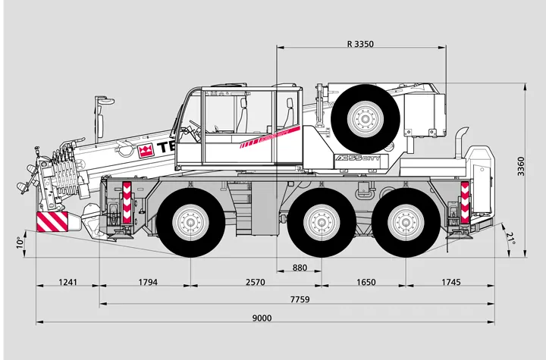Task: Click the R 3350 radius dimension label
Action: point(359,44)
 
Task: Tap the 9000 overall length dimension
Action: point(262,318)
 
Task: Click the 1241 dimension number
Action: point(68,283)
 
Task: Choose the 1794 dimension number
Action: point(147,283)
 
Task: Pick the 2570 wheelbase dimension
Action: point(255,283)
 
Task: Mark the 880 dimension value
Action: point(300,268)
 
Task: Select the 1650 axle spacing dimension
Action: point(366,283)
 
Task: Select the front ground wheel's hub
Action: point(190,223)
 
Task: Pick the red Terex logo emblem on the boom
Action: point(146,149)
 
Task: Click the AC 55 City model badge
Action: point(361,161)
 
